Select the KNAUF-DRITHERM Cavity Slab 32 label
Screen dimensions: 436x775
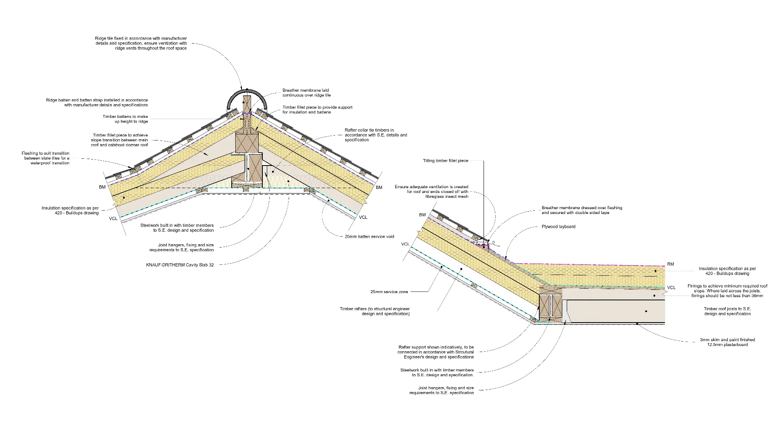(x=180, y=265)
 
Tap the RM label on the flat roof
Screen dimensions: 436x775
(x=670, y=264)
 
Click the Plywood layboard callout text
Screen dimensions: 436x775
(x=558, y=226)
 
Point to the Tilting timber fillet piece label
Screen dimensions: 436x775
(x=445, y=161)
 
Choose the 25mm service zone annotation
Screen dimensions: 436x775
(x=389, y=291)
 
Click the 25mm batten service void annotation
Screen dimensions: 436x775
(x=369, y=237)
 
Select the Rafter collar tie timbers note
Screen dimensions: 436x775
(x=376, y=135)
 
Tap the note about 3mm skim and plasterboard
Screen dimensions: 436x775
(x=727, y=342)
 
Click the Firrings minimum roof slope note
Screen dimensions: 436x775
(x=727, y=291)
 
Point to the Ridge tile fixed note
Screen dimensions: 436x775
(x=141, y=43)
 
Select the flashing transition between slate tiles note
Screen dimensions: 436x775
(x=46, y=158)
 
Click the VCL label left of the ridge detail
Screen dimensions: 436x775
(x=113, y=218)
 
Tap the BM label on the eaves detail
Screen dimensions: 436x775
(x=422, y=215)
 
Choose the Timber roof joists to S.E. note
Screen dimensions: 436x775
(x=727, y=311)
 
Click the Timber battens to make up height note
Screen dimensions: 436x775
(x=125, y=119)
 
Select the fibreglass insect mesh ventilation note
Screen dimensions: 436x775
(x=431, y=192)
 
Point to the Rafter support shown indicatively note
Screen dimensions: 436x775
(x=436, y=352)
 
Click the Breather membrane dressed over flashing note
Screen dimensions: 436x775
(x=582, y=210)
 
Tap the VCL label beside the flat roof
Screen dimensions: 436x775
(x=671, y=287)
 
